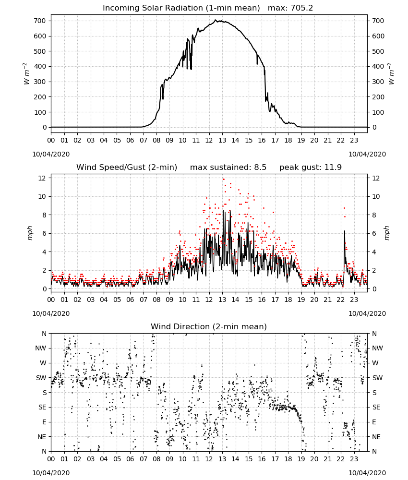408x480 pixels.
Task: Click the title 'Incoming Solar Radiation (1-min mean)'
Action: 181,8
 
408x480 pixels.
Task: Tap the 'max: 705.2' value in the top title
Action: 290,8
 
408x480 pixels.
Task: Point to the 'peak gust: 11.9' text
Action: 311,167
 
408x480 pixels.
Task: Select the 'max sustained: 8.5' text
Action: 228,167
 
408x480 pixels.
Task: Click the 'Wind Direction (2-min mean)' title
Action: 209,326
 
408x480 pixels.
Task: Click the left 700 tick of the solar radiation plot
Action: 40,21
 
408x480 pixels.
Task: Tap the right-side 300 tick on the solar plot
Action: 378,82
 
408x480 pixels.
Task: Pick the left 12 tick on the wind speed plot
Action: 42,178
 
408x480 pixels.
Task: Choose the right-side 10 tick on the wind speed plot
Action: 376,196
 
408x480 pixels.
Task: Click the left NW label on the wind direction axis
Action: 40,348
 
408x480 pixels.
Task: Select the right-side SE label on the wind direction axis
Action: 376,407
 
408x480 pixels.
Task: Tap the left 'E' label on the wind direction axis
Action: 44,422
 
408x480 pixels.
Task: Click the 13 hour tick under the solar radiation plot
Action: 222,141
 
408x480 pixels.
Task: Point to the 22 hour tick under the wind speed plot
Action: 341,300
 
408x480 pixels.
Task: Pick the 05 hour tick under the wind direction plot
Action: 117,459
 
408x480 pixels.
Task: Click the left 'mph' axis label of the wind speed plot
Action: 30,233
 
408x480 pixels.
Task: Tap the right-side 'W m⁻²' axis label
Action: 391,74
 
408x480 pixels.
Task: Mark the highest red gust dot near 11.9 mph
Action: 223,180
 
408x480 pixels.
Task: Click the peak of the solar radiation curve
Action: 216,20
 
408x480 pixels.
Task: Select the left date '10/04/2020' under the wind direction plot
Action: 51,473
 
